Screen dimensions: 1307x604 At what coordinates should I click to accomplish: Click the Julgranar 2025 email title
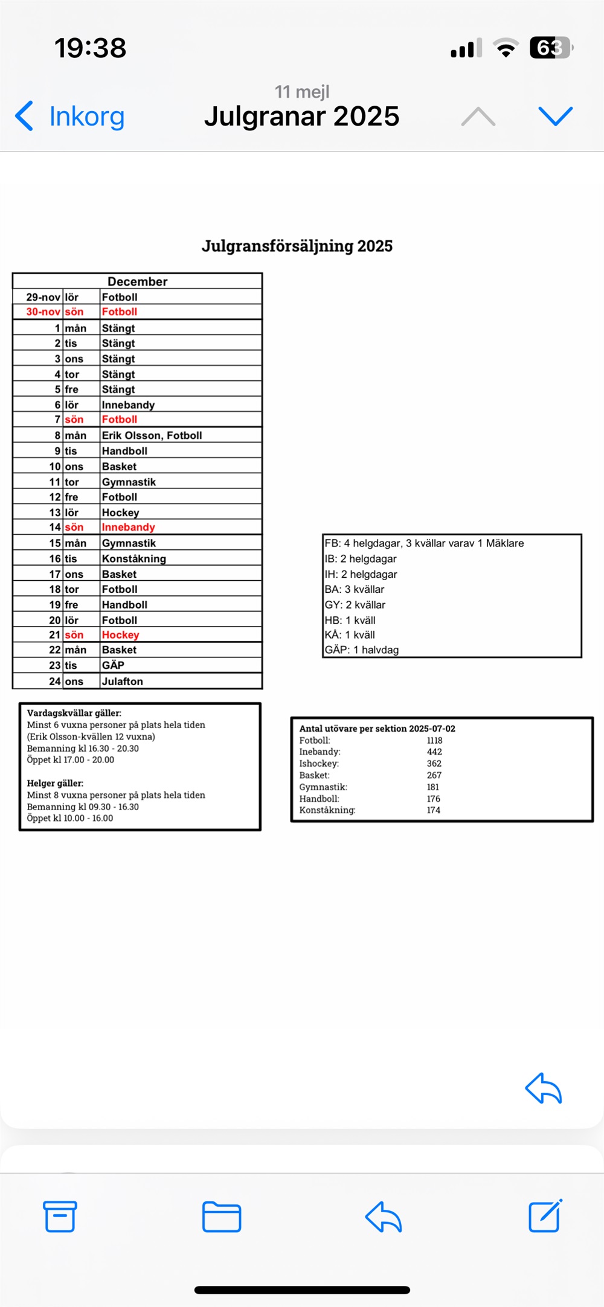[301, 116]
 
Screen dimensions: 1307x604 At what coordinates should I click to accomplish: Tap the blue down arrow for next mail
[555, 116]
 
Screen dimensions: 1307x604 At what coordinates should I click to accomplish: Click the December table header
[137, 281]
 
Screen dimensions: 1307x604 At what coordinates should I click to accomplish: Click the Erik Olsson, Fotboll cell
[152, 435]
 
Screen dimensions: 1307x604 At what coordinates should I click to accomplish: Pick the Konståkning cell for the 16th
[133, 558]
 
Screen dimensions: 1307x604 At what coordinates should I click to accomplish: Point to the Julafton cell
[122, 681]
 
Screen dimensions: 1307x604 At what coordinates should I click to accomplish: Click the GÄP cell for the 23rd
[113, 665]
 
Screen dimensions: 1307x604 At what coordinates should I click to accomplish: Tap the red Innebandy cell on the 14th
[128, 527]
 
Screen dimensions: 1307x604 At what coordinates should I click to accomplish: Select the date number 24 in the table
[55, 681]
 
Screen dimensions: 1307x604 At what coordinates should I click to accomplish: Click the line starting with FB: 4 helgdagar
[424, 543]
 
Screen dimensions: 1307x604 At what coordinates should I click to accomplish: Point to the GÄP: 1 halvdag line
[362, 650]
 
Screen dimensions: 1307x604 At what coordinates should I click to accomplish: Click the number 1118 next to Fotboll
[434, 740]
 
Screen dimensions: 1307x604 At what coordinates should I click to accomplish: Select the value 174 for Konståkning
[433, 810]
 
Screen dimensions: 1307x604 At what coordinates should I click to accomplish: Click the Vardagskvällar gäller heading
[74, 713]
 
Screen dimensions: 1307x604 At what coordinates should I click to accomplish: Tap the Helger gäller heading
[55, 783]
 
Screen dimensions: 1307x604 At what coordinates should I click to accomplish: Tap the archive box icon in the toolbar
[60, 1216]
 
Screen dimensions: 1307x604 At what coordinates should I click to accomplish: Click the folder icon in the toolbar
[222, 1216]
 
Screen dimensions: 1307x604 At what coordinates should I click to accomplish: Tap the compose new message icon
[545, 1216]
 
